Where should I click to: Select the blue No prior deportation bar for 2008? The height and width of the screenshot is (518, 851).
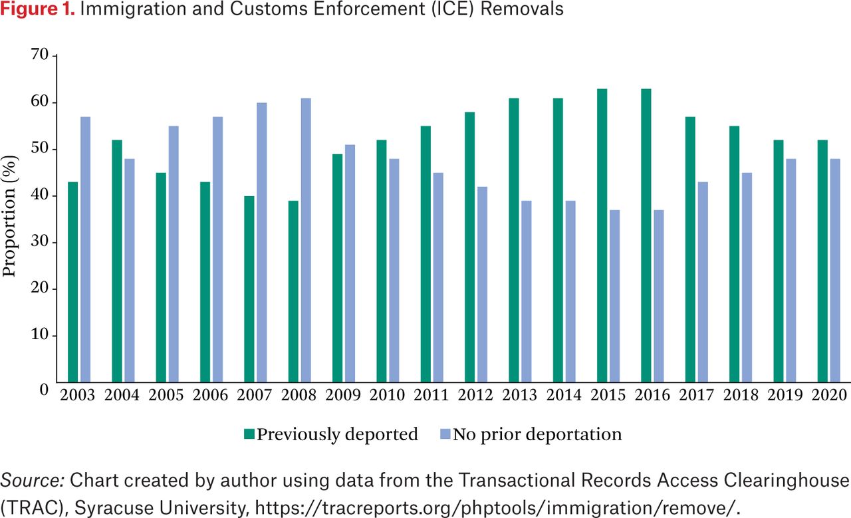click(x=306, y=240)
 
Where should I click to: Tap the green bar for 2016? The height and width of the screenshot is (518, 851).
click(x=646, y=235)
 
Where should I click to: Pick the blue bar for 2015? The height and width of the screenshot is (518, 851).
click(x=614, y=296)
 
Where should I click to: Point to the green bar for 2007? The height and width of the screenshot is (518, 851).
click(x=249, y=289)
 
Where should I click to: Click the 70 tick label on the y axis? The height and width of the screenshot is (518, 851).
click(x=41, y=56)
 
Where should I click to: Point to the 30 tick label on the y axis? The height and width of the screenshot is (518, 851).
click(x=41, y=243)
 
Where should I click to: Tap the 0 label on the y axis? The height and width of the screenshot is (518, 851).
click(x=44, y=389)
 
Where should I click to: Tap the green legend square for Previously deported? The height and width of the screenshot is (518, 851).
click(x=249, y=435)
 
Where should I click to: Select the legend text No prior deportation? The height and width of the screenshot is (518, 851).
click(x=537, y=435)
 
